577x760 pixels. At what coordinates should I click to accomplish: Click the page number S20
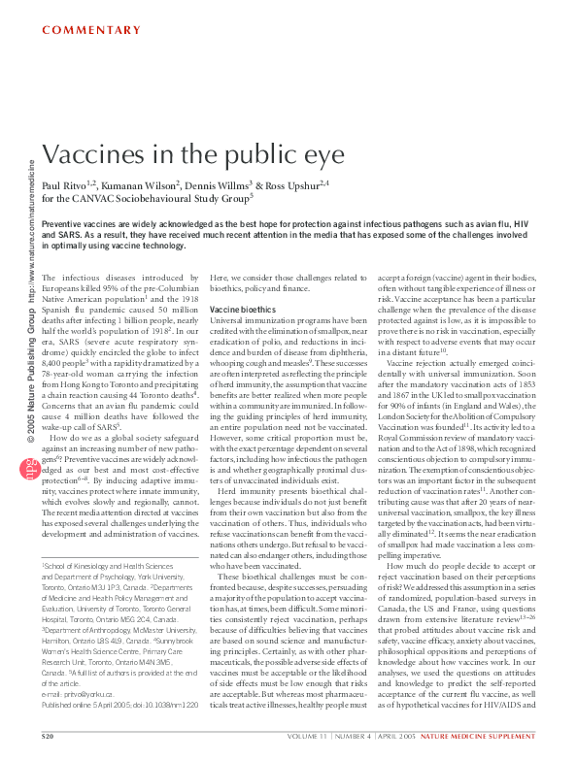tap(47, 738)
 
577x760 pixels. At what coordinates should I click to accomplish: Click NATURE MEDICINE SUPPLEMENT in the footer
tap(488, 738)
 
